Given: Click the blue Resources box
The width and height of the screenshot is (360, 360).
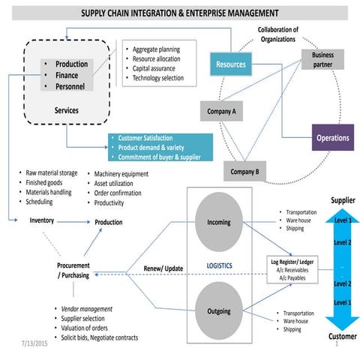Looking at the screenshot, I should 230,64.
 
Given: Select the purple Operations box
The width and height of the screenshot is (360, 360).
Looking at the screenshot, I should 332,138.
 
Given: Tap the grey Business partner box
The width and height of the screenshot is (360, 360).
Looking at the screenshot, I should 323,59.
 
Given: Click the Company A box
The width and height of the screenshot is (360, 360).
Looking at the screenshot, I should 222,112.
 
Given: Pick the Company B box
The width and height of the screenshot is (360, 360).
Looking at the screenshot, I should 244,172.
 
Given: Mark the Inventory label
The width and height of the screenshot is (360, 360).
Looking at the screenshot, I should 41,220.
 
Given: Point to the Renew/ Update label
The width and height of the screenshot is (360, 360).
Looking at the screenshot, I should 163,268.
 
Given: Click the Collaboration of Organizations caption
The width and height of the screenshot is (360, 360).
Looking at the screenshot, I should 273,34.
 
